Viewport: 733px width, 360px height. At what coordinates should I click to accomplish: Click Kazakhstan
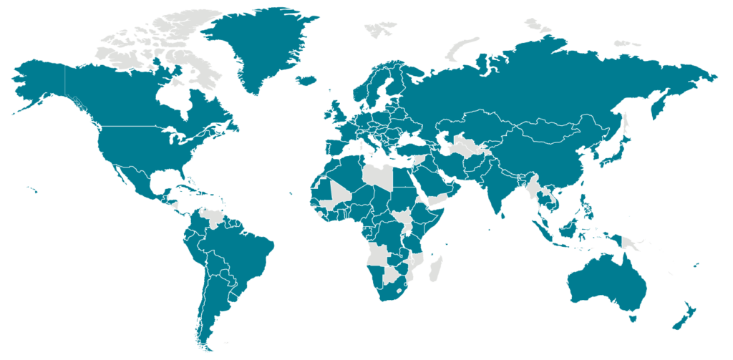(480, 125)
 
